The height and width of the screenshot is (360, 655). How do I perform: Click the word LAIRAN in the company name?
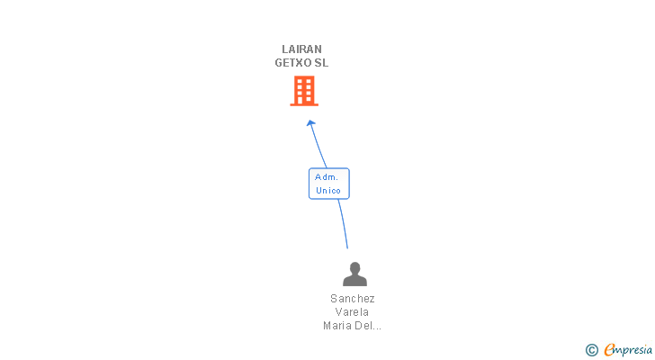point(301,49)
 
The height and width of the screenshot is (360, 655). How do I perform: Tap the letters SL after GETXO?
point(321,63)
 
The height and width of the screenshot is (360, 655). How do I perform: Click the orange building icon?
point(304,90)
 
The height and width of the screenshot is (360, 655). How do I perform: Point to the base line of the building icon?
point(304,104)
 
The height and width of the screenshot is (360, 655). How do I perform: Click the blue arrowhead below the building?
point(311,123)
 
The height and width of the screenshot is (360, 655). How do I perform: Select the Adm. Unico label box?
point(328,184)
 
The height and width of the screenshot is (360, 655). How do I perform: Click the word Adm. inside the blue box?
point(327,177)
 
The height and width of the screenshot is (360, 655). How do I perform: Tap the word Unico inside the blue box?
point(328,191)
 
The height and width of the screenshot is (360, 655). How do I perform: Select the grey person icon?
point(354,274)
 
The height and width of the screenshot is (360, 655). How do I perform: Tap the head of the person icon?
point(354,267)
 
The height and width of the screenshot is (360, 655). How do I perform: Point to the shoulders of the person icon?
point(354,280)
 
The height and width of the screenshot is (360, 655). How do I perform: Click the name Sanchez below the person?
point(353,299)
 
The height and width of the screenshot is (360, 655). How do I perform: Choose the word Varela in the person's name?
point(353,312)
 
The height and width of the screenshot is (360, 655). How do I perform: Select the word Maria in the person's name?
point(338,326)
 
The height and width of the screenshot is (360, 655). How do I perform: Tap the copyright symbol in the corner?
point(592,349)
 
